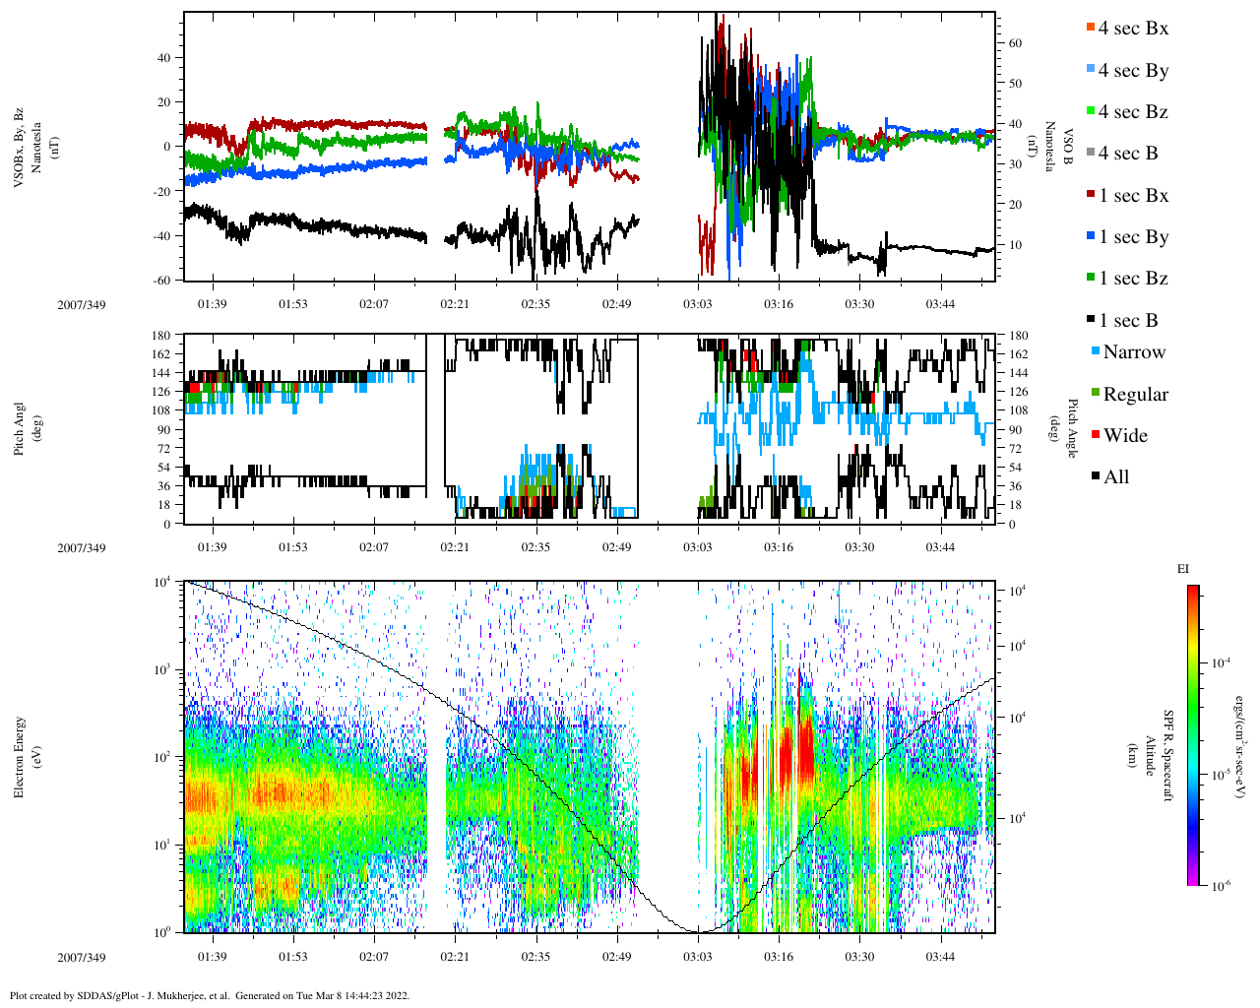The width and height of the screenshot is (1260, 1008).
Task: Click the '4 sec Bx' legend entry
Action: (x=1132, y=29)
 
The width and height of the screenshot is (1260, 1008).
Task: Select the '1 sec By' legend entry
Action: (x=1132, y=237)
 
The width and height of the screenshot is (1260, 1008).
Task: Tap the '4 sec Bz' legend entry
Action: (x=1132, y=112)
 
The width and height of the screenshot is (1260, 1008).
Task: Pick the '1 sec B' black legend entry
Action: (x=1128, y=321)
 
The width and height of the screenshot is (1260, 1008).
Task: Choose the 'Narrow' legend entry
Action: (x=1133, y=352)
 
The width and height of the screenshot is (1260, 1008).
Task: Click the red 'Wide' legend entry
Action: (x=1125, y=436)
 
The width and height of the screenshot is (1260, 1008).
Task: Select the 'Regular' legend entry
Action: (x=1135, y=395)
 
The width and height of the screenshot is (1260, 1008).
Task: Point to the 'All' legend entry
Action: (x=1115, y=477)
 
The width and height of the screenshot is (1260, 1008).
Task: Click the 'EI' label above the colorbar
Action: (x=1183, y=569)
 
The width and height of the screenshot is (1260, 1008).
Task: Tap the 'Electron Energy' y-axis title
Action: (x=20, y=756)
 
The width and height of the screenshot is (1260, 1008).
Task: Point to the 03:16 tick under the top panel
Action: (x=779, y=304)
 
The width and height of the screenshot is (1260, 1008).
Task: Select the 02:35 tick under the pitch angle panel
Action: (x=535, y=547)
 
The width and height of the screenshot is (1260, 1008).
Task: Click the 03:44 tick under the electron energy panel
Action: (x=940, y=957)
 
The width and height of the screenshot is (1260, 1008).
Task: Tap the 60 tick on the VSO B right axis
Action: (x=1015, y=43)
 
